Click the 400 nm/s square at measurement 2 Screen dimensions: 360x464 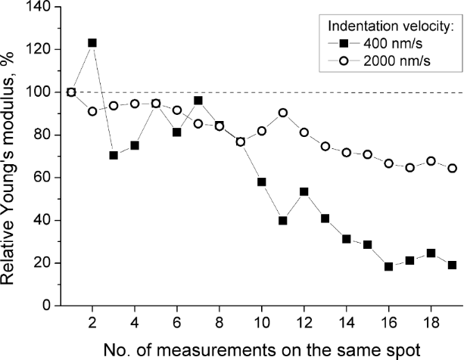tap(92, 43)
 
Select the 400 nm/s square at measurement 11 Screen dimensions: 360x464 tap(282, 221)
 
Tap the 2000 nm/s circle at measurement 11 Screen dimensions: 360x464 tap(282, 113)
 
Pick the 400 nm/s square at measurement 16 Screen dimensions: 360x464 tap(388, 266)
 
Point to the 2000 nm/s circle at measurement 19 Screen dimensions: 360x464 tap(452, 168)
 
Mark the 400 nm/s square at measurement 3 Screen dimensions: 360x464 tap(114, 155)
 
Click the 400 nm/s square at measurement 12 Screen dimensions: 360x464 tap(304, 191)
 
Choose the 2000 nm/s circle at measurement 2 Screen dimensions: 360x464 tap(92, 111)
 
